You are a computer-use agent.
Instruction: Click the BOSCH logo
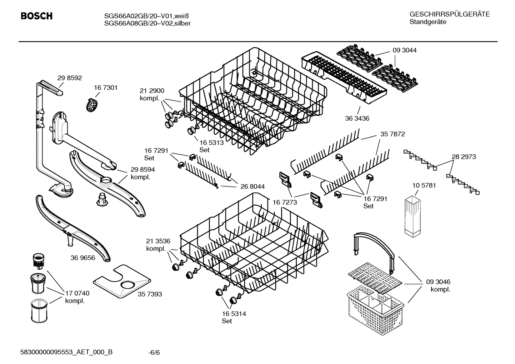click(x=36, y=16)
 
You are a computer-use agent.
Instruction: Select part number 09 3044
click(x=404, y=50)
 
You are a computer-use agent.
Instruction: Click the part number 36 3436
click(x=357, y=118)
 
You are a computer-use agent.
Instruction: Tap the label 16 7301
click(x=106, y=88)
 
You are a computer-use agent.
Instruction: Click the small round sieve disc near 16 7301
click(x=92, y=105)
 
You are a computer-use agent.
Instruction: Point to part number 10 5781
click(x=424, y=185)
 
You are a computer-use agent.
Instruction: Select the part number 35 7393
click(x=150, y=294)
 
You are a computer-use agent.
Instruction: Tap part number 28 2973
click(x=464, y=156)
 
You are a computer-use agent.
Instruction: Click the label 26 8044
click(x=252, y=186)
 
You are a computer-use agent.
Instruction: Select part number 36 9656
click(x=83, y=258)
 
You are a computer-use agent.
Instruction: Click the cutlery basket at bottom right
click(x=375, y=304)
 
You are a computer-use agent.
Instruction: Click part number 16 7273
click(x=285, y=202)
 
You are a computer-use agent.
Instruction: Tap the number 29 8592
click(x=70, y=78)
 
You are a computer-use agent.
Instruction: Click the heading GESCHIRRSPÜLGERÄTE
click(x=449, y=15)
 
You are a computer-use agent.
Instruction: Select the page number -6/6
click(x=154, y=353)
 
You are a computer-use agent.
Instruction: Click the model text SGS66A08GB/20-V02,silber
click(x=147, y=24)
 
